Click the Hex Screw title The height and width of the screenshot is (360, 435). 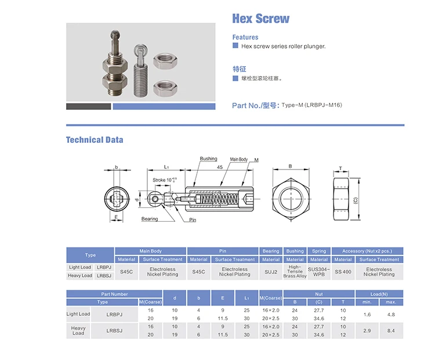pyautogui.click(x=260, y=19)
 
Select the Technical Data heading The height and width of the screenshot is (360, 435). pyautogui.click(x=95, y=139)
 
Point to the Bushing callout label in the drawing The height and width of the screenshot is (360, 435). pyautogui.click(x=208, y=159)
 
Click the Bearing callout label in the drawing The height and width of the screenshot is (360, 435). pyautogui.click(x=150, y=219)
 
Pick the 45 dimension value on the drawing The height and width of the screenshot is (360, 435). pyautogui.click(x=220, y=167)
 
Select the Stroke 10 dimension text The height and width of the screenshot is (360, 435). pyautogui.click(x=164, y=180)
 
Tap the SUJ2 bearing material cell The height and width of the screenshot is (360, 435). pyautogui.click(x=271, y=271)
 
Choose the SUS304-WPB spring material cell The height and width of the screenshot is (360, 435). pyautogui.click(x=318, y=271)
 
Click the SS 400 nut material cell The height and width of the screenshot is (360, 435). pyautogui.click(x=343, y=271)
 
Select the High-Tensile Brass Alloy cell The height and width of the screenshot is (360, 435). pyautogui.click(x=295, y=271)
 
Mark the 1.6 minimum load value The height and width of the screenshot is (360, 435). pyautogui.click(x=367, y=314)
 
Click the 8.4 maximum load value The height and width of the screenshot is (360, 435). pyautogui.click(x=391, y=332)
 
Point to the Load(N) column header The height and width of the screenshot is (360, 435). pyautogui.click(x=379, y=294)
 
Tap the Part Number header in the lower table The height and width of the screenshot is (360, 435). pyautogui.click(x=114, y=294)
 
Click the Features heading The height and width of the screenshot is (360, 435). pyautogui.click(x=245, y=37)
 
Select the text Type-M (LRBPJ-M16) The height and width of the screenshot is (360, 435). pyautogui.click(x=310, y=105)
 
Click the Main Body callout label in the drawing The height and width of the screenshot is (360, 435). pyautogui.click(x=238, y=159)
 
